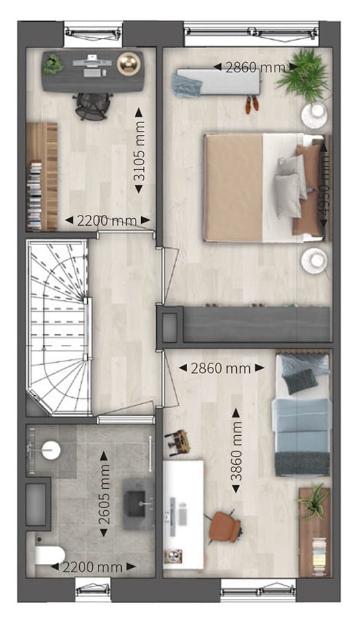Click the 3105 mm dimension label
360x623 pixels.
click(139, 156)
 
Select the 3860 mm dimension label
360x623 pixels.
click(236, 451)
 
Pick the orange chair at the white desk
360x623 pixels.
click(224, 527)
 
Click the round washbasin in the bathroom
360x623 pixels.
click(50, 450)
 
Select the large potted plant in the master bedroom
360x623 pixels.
click(303, 74)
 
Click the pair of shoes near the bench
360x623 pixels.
click(252, 104)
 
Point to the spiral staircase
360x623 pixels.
click(59, 327)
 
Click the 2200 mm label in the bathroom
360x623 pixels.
click(91, 567)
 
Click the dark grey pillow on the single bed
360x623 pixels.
click(300, 381)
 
